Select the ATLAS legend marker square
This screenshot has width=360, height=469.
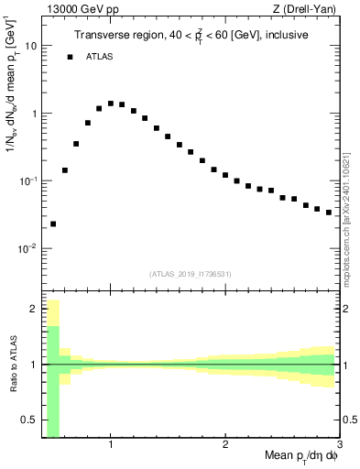tap(70, 57)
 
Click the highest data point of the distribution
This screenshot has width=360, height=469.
tap(111, 104)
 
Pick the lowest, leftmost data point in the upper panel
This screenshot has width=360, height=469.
tap(53, 224)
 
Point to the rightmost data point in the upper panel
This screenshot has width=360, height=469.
tap(329, 213)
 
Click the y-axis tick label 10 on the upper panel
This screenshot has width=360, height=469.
tap(31, 46)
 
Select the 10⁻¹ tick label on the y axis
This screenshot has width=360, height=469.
tap(28, 180)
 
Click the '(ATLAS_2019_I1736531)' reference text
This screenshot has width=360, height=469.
tap(191, 274)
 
